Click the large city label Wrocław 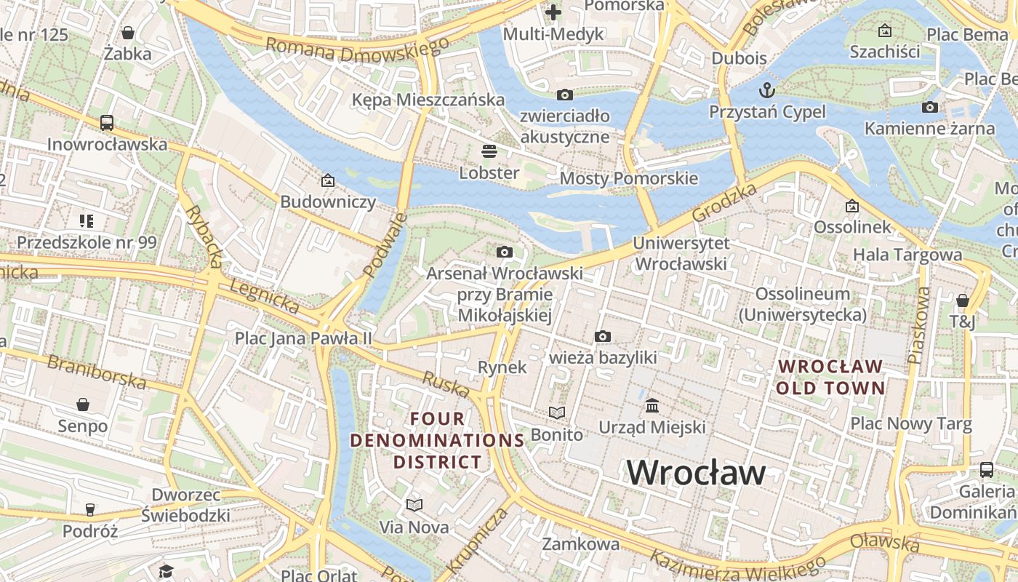click(696, 473)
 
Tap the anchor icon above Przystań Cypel click(766, 91)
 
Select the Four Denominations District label click(437, 440)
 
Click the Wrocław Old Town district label click(830, 377)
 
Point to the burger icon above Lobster click(489, 151)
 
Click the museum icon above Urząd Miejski click(652, 405)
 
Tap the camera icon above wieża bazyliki click(602, 336)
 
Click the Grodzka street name click(724, 203)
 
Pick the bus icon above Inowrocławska click(107, 122)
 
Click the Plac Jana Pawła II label click(303, 338)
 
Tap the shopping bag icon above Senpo click(83, 404)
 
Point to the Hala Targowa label click(907, 255)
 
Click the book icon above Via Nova click(414, 505)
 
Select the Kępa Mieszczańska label click(428, 100)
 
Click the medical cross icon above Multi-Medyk click(553, 12)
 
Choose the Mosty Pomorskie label click(628, 178)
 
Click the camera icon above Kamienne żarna click(929, 108)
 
